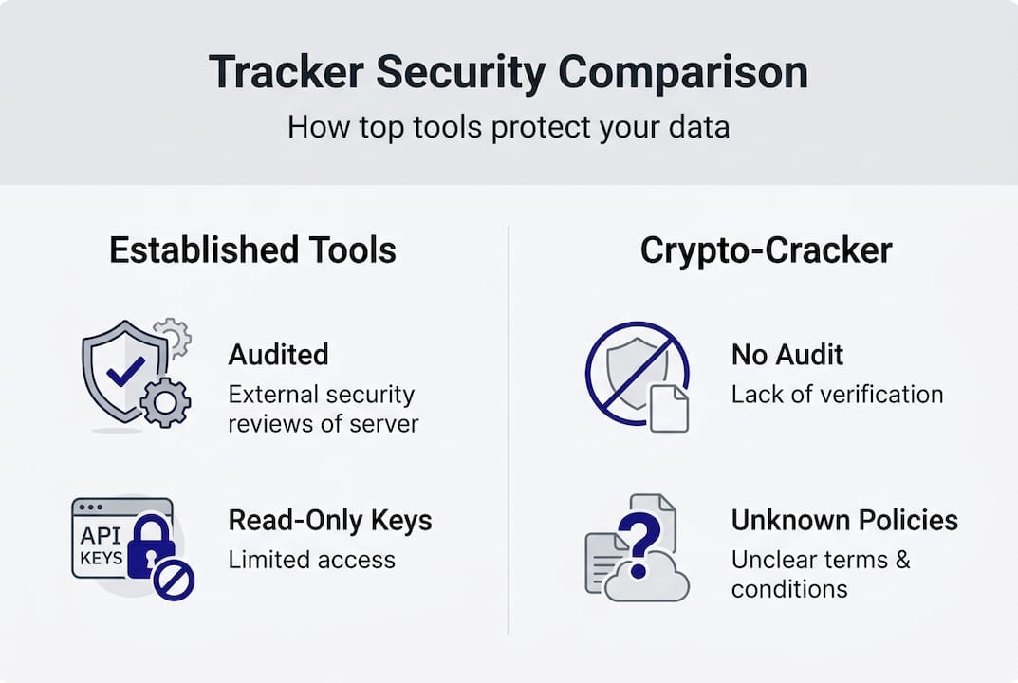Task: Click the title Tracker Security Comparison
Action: [x=509, y=73]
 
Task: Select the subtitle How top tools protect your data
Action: [x=509, y=127]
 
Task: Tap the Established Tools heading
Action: [x=252, y=250]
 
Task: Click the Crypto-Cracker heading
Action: [x=766, y=250]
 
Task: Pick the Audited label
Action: [x=278, y=355]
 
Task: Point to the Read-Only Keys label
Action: [x=330, y=520]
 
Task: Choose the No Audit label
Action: [x=787, y=355]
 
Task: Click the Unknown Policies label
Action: [x=844, y=520]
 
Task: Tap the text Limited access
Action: [x=311, y=560]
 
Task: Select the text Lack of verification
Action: [x=837, y=394]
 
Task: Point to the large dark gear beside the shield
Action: [x=166, y=402]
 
